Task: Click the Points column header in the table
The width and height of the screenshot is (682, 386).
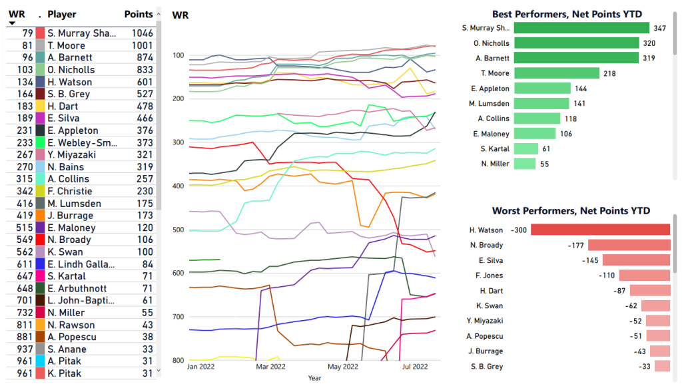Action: coord(139,14)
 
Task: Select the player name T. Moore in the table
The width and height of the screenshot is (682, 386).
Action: coord(67,45)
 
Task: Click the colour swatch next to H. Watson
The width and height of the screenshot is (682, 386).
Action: coord(41,82)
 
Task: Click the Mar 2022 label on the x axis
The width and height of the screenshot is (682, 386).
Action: coord(271,367)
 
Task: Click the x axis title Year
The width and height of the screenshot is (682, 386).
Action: coord(314,378)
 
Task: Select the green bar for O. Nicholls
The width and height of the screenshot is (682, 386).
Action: coord(575,43)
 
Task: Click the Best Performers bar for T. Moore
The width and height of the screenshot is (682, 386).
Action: coord(557,73)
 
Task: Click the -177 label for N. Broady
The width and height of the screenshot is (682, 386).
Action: coord(576,245)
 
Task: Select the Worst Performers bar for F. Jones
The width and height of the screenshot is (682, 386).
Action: coord(644,276)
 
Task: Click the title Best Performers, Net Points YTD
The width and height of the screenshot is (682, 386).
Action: coord(571,14)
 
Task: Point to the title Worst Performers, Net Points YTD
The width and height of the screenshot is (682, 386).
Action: coord(571,211)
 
